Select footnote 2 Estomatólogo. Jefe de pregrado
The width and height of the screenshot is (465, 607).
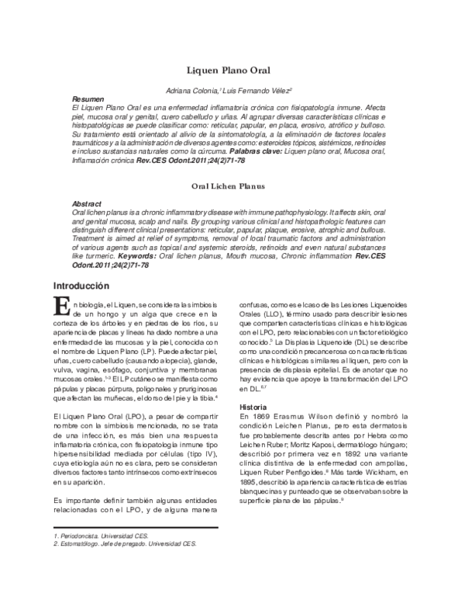tap(124, 544)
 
